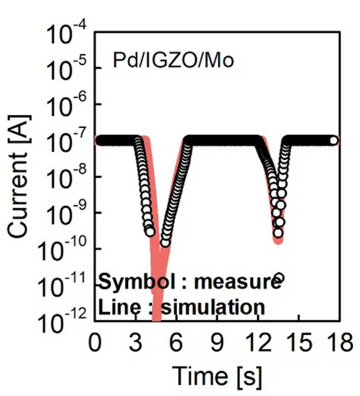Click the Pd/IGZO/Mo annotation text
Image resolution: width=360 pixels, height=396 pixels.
point(173,61)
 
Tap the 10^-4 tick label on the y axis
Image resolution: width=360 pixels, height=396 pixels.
point(67,33)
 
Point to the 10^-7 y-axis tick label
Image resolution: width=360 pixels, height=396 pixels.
point(67,142)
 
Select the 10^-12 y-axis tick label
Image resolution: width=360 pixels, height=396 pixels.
point(62,322)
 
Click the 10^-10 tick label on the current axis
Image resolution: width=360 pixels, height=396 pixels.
point(62,249)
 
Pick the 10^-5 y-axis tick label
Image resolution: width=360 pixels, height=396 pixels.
point(67,69)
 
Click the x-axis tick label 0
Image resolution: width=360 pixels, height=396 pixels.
point(95,342)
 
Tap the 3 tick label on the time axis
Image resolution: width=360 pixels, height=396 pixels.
point(136,342)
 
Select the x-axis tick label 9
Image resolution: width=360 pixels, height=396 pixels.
point(217,342)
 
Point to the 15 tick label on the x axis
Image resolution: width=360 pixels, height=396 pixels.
point(299,342)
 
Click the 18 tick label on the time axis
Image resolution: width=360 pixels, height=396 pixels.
point(340,342)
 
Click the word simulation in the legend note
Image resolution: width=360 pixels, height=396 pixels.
point(213,307)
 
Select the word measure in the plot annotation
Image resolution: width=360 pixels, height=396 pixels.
point(237,282)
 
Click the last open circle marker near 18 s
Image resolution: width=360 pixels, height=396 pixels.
point(334,141)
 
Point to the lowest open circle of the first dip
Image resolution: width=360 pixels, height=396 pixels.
point(166,243)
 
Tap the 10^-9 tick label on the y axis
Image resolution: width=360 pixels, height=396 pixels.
point(67,213)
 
